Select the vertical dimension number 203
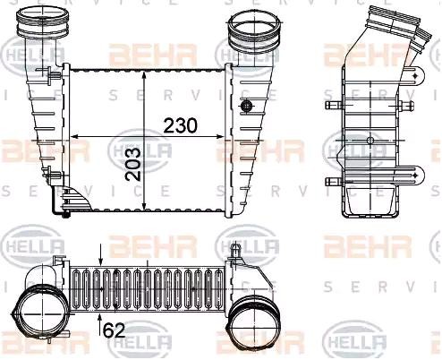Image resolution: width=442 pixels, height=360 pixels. (x=132, y=163)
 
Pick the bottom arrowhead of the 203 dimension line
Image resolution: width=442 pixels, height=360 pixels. (x=144, y=212)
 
